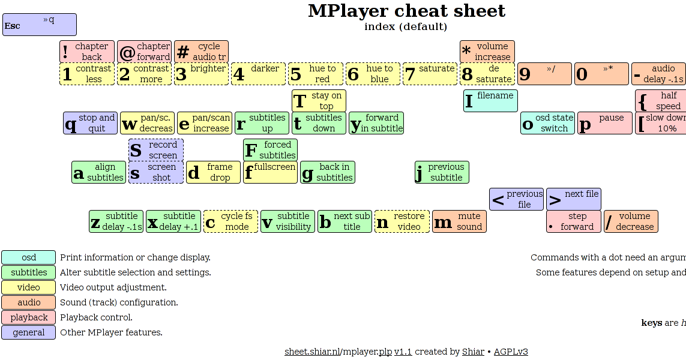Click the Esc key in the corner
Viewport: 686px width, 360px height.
click(40, 25)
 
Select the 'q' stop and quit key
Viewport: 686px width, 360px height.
click(90, 123)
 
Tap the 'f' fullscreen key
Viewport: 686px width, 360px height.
click(270, 172)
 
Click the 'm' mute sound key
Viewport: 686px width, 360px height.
click(459, 221)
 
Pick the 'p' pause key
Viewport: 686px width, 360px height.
click(604, 123)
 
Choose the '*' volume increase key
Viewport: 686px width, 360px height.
click(487, 52)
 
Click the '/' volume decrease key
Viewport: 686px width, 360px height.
click(631, 221)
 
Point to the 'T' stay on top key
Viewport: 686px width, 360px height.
click(319, 101)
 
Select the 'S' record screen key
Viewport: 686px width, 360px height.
click(156, 150)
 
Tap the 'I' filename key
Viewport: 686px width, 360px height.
click(490, 101)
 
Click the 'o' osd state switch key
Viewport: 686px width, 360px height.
click(547, 123)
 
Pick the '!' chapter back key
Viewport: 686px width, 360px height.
click(86, 52)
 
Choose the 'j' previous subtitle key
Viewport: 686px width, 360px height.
click(442, 172)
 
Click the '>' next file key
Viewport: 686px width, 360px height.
click(574, 199)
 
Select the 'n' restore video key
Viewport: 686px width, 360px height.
click(402, 221)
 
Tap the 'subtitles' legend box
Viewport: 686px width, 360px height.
click(29, 272)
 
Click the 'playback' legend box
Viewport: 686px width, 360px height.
click(29, 317)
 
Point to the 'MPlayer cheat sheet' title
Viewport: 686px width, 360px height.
click(406, 11)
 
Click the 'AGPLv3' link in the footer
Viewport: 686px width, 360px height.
click(511, 352)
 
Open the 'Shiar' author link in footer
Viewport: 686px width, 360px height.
click(473, 352)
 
